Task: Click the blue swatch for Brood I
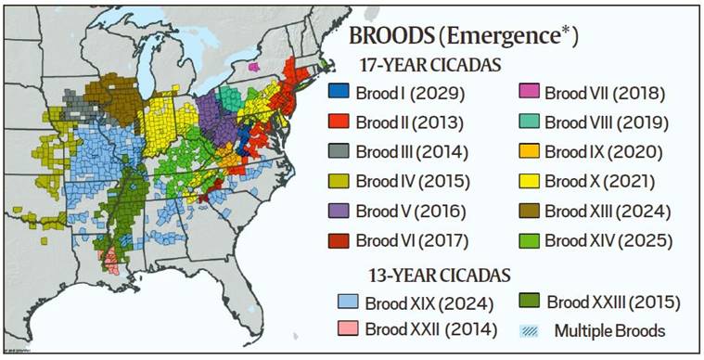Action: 339,93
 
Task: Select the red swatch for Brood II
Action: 339,122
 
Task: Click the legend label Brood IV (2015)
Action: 411,181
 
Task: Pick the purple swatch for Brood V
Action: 339,211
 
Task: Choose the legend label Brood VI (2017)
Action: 411,240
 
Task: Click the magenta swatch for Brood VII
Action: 529,93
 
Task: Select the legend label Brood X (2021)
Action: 600,181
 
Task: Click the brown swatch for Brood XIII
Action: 529,211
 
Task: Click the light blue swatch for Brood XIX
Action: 349,302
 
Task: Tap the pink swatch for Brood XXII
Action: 349,328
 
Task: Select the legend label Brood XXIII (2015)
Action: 613,302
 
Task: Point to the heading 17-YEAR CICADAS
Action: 426,66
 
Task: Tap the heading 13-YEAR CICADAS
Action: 427,274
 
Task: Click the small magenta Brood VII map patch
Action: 253,67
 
